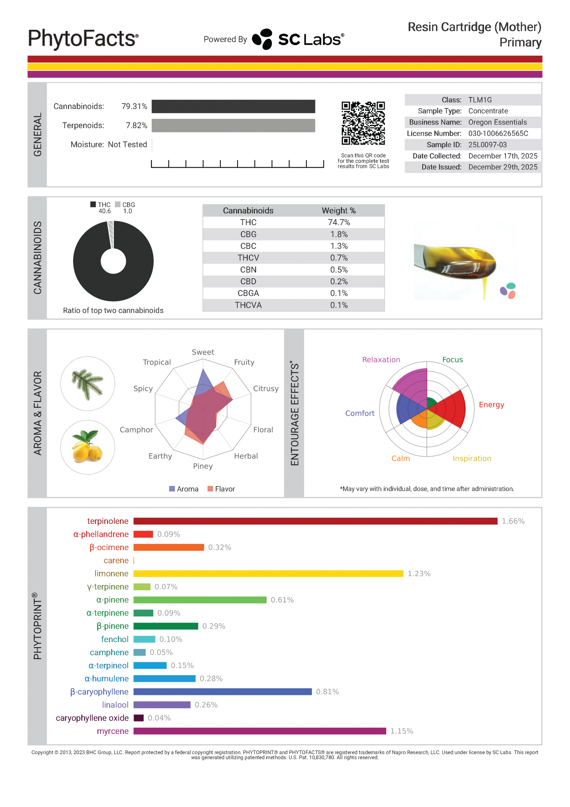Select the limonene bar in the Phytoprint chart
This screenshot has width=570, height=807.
268,573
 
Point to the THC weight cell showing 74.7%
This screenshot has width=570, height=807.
338,222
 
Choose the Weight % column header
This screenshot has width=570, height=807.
338,211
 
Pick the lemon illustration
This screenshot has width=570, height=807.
88,447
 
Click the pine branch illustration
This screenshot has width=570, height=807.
88,383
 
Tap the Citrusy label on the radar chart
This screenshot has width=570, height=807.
266,388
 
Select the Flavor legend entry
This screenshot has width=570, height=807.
222,489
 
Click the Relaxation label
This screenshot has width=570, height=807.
381,360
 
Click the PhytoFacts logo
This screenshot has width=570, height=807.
83,39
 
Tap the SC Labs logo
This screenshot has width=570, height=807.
298,39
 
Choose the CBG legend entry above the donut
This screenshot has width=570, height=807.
125,205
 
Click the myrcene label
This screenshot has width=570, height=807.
112,731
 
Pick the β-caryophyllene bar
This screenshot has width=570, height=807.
222,692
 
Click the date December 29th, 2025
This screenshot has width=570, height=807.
503,167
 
